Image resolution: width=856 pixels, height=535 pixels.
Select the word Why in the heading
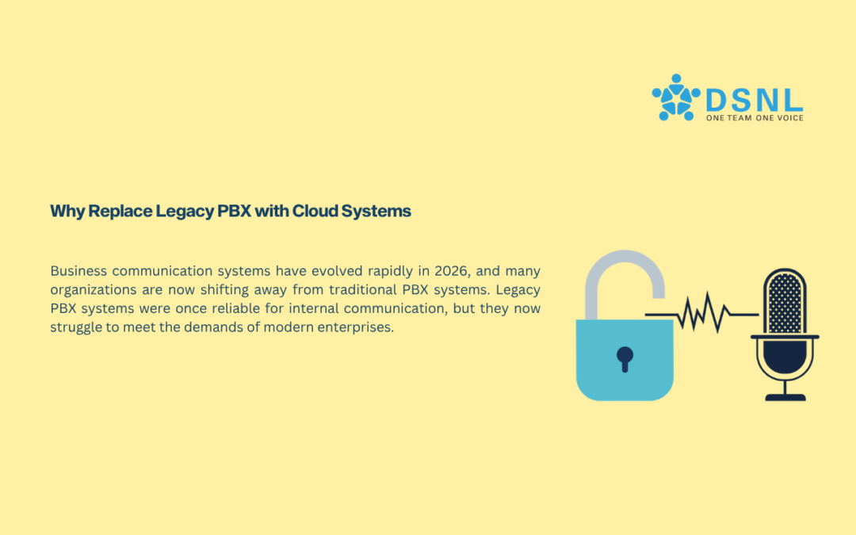coord(67,212)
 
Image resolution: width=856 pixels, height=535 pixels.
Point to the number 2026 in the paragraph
coord(452,271)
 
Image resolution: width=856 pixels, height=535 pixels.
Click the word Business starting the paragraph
coord(78,271)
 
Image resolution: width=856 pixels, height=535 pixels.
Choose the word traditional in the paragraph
coord(362,289)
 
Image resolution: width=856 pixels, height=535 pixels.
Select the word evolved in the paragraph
coord(337,271)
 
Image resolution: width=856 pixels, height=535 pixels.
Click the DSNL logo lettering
coord(754,100)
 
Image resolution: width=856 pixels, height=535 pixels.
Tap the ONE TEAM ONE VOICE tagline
coord(755,118)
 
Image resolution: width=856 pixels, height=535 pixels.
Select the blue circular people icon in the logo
coord(676,97)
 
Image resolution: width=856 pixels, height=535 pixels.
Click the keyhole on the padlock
coord(625,359)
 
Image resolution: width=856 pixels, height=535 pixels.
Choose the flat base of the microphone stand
coord(785,397)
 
